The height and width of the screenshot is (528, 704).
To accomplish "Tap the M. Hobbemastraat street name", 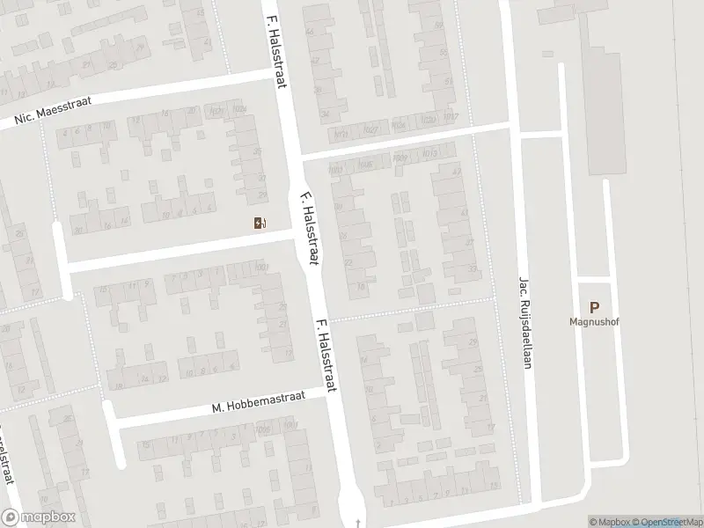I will tap(259, 402).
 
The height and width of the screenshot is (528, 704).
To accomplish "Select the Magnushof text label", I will tap(594, 321).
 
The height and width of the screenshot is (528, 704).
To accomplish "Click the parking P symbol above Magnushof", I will tap(594, 307).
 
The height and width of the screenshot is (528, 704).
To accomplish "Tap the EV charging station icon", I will tap(259, 223).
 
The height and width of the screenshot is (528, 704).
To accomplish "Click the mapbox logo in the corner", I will tap(38, 517).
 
